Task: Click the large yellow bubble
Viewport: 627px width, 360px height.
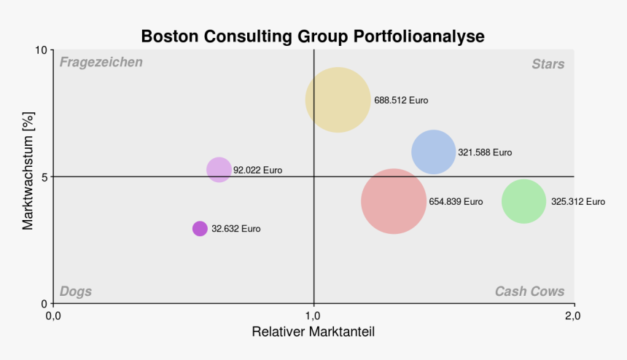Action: (338, 100)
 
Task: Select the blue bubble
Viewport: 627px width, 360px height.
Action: (434, 152)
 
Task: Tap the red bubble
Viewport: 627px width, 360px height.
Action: (394, 201)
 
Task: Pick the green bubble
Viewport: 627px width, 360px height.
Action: (524, 201)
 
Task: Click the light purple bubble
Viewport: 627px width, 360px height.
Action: (219, 170)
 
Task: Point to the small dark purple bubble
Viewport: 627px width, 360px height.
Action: (200, 228)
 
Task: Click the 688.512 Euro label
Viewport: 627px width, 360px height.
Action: (401, 100)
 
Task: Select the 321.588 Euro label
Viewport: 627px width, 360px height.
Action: (485, 152)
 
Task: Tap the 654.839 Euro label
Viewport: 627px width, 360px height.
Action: (456, 201)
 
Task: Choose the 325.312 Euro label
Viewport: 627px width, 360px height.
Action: (577, 201)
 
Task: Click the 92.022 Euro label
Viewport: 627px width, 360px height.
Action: (257, 171)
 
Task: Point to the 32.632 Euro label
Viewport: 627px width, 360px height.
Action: (235, 228)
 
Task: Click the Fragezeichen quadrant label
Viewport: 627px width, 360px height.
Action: (101, 63)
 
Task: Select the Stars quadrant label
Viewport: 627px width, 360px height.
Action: (548, 64)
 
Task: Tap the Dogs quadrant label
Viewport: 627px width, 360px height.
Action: (76, 291)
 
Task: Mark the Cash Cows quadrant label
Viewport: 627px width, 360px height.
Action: (529, 291)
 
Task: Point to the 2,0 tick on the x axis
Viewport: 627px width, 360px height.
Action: (573, 316)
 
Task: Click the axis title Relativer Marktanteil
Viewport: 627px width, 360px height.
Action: (313, 332)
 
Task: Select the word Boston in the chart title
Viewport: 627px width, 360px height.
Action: (169, 36)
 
